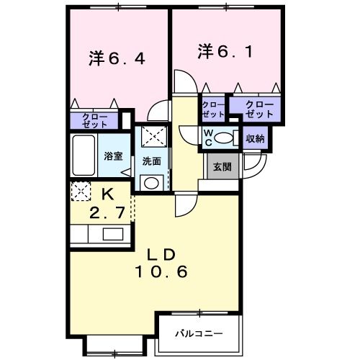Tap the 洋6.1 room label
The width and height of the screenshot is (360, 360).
224,52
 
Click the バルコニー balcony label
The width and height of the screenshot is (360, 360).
198,333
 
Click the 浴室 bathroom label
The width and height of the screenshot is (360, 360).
113,156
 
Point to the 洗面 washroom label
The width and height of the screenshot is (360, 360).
150,161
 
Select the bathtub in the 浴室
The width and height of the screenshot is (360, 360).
85,156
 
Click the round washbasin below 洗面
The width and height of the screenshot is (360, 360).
150,183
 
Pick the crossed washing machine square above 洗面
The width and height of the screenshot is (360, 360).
151,137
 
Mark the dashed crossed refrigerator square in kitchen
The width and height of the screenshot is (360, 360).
81,191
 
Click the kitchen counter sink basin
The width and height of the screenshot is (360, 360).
113,234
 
